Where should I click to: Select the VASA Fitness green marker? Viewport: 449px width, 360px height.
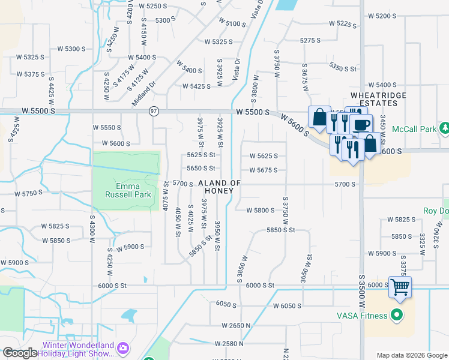pyautogui.click(x=396, y=314)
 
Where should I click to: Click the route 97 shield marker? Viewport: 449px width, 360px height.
pyautogui.click(x=154, y=111)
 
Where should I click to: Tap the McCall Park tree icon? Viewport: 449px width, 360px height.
pyautogui.click(x=445, y=128)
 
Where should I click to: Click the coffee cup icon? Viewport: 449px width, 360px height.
pyautogui.click(x=361, y=125)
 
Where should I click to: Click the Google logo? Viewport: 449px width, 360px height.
pyautogui.click(x=20, y=353)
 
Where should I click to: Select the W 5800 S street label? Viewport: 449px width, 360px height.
pyautogui.click(x=260, y=210)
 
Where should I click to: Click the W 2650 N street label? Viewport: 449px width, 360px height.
pyautogui.click(x=237, y=325)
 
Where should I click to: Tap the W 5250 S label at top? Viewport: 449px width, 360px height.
pyautogui.click(x=152, y=6)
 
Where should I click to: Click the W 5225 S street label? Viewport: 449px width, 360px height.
pyautogui.click(x=343, y=24)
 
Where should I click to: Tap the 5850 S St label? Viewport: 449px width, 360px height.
pyautogui.click(x=281, y=230)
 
